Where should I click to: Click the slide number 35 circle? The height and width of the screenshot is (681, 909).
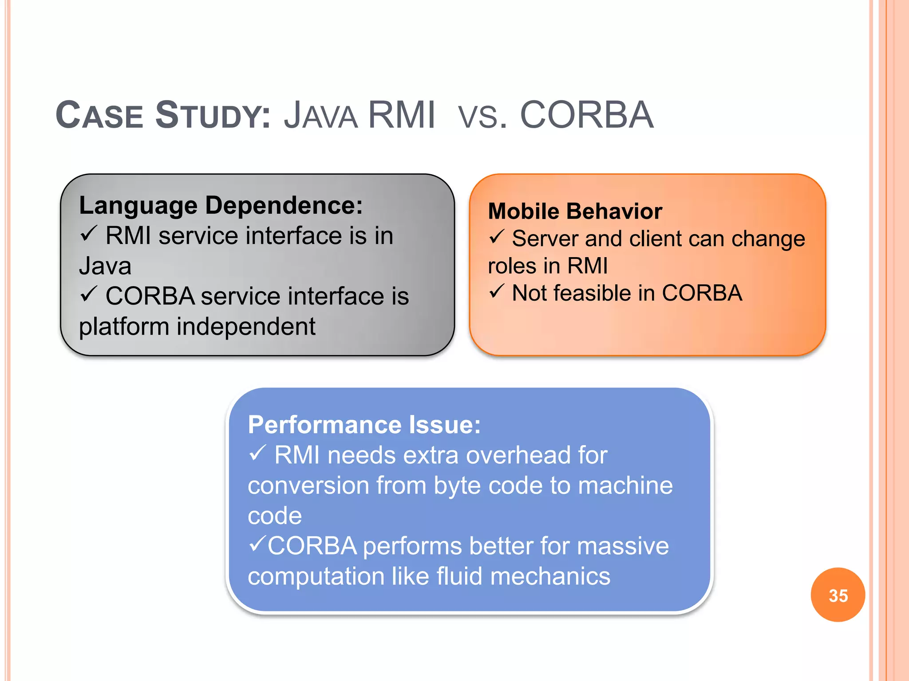tap(838, 595)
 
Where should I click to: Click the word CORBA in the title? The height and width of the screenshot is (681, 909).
tap(586, 115)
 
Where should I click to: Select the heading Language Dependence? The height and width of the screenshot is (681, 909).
tap(221, 206)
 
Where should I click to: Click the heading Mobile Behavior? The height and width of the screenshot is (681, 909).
tap(575, 211)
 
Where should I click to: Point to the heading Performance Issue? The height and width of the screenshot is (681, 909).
tap(364, 425)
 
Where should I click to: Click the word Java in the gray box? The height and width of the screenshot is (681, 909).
tap(105, 266)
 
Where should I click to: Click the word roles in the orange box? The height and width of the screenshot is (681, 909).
tap(512, 266)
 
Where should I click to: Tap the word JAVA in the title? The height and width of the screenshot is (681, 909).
tap(320, 115)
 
